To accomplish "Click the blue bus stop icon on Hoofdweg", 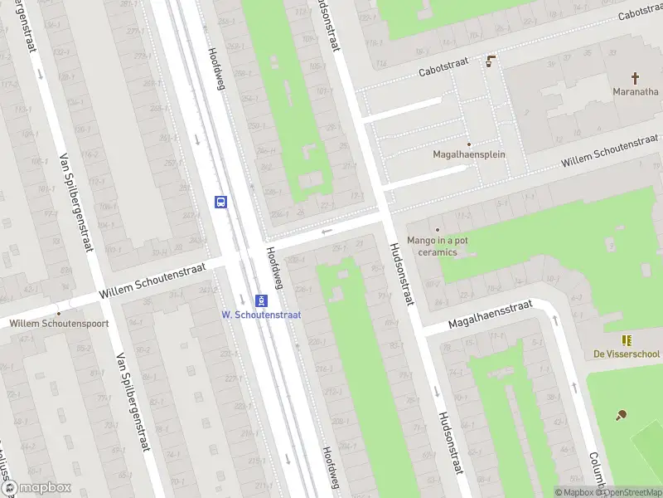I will [x=221, y=202].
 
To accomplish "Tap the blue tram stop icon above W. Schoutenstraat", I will [x=261, y=300].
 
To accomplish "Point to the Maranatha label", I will [x=636, y=91].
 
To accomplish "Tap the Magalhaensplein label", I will [x=469, y=154].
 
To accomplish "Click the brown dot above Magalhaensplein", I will [x=468, y=144].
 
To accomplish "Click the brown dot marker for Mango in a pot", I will [x=438, y=229].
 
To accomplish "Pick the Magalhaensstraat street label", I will [x=490, y=315].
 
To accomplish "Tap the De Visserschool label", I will [x=627, y=354].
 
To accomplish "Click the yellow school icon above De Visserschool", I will [x=627, y=340].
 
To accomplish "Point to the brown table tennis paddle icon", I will [x=622, y=415].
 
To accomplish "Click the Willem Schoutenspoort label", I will [x=59, y=324].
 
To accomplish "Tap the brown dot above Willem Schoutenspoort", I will [x=59, y=313].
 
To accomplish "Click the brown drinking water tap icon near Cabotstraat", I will [x=491, y=61].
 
